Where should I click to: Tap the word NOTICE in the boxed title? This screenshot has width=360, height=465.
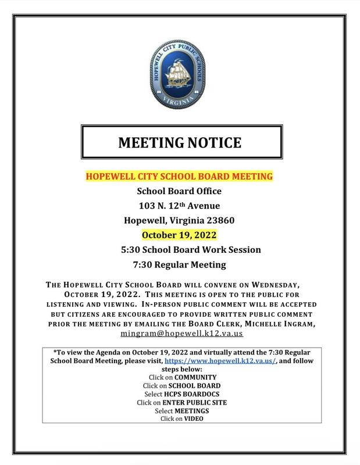click(x=213, y=142)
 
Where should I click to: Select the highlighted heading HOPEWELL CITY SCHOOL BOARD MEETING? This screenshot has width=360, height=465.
click(x=180, y=176)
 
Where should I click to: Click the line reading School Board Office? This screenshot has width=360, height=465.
click(x=179, y=191)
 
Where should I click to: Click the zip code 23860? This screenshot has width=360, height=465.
click(x=219, y=220)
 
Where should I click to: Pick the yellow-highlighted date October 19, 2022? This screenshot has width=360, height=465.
click(x=180, y=235)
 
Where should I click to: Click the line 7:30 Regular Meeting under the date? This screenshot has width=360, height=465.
click(x=179, y=265)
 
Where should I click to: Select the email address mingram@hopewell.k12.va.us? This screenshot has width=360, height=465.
click(x=181, y=335)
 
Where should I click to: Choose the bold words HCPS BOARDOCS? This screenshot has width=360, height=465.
click(x=191, y=394)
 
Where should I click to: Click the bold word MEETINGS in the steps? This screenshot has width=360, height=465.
click(x=191, y=410)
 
